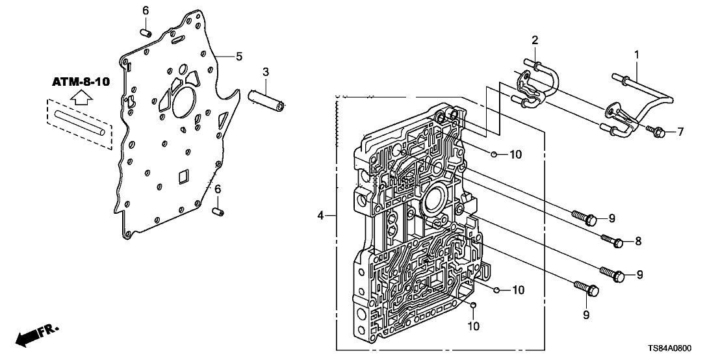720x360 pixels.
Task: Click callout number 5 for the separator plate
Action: click(x=239, y=57)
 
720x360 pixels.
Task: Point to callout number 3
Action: click(x=266, y=71)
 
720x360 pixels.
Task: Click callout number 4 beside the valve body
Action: click(x=320, y=214)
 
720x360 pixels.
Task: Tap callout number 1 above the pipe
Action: click(x=637, y=55)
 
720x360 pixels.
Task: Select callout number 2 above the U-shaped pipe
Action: click(x=534, y=40)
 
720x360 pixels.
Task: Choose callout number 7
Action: click(x=680, y=133)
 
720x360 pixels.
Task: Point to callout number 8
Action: click(x=638, y=241)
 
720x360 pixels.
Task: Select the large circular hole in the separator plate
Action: click(x=184, y=104)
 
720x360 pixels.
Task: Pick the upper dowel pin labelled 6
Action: click(x=146, y=30)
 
